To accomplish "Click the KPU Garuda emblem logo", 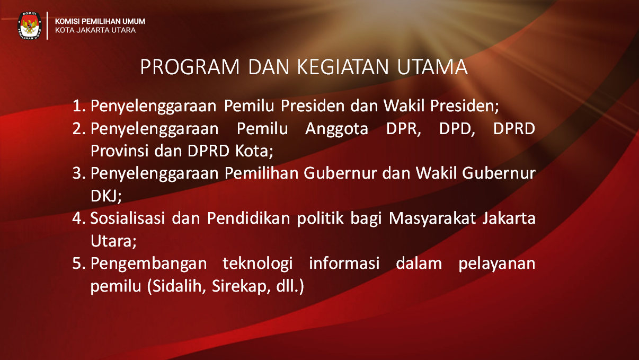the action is click(x=29, y=25).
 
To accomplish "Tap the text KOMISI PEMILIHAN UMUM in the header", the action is click(x=100, y=21).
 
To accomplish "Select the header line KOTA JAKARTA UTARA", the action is click(x=95, y=30).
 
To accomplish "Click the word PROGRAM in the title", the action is click(x=189, y=67).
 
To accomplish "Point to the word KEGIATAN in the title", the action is click(x=343, y=67).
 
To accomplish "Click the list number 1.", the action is click(x=79, y=106).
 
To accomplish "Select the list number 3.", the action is click(x=79, y=173).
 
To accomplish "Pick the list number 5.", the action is click(x=79, y=264).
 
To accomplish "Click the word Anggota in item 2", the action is click(x=336, y=129).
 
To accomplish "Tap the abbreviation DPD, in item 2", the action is click(x=457, y=129).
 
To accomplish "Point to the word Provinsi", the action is click(x=120, y=151).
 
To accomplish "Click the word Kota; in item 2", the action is click(x=254, y=151).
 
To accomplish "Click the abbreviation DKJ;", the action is click(x=106, y=196).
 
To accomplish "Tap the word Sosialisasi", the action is click(x=128, y=218).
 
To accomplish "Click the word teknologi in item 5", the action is click(x=258, y=264).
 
